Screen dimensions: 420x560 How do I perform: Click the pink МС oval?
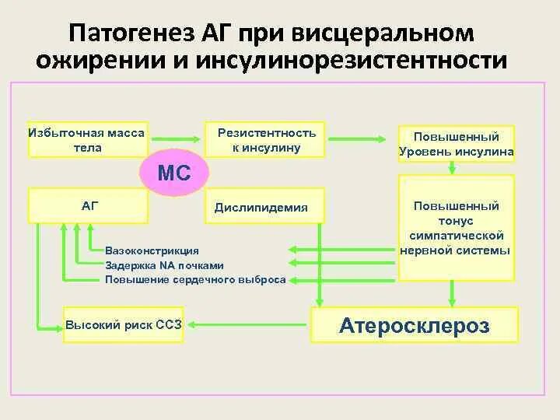coord(175,173)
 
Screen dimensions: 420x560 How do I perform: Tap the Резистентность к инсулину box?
coord(266,140)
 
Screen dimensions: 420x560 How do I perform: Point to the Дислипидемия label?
coord(266,208)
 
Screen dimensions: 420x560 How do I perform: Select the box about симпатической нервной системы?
coord(456,228)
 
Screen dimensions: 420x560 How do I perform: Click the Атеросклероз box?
coord(414,324)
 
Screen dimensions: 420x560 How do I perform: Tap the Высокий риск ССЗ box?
coord(124,324)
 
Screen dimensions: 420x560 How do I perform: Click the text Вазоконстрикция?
coord(152,250)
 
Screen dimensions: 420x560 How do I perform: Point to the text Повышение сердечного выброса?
coord(195,279)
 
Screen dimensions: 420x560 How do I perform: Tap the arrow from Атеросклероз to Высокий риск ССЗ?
coord(249,324)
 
